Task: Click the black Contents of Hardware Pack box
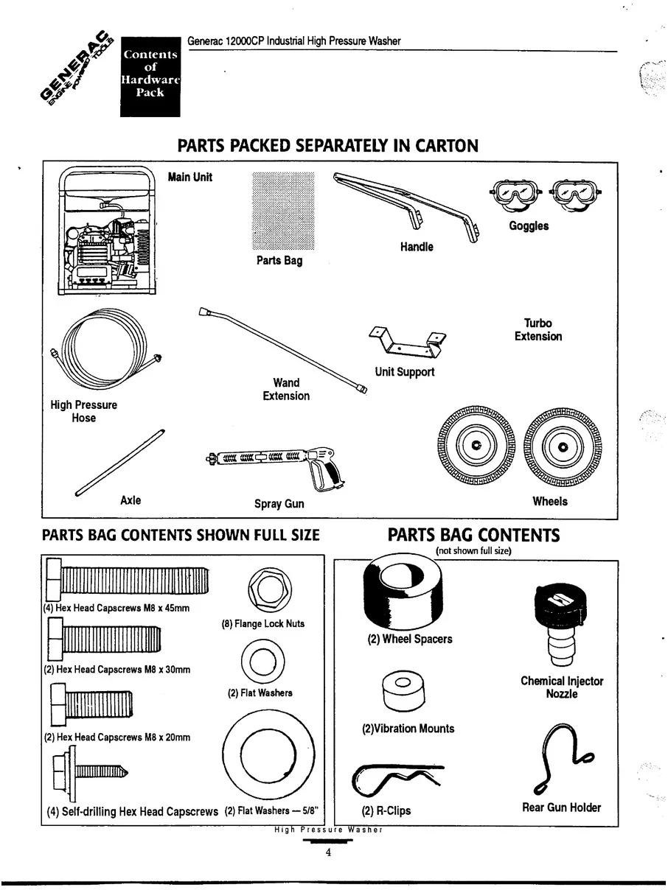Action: [x=150, y=76]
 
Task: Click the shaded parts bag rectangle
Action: [x=283, y=211]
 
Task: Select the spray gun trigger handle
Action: [x=322, y=472]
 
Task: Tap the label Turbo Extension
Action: [x=537, y=329]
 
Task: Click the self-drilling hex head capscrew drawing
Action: [x=89, y=773]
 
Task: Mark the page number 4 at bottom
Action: [x=328, y=853]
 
